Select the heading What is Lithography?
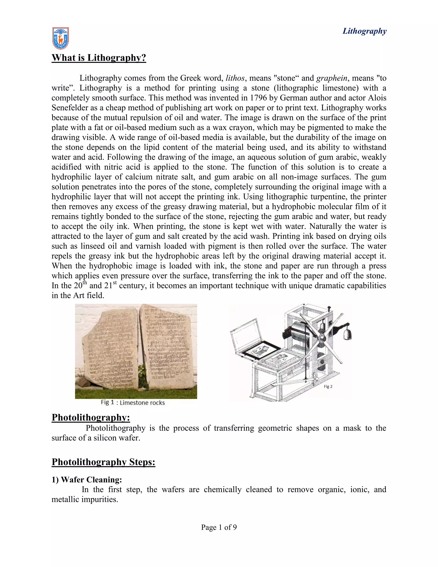pyautogui.click(x=99, y=58)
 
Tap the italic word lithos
pyautogui.click(x=235, y=78)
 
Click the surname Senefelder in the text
pyautogui.click(x=71, y=108)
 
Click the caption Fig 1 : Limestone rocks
pyautogui.click(x=133, y=403)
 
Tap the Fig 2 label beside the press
pyautogui.click(x=328, y=387)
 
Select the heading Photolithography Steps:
pyautogui.click(x=103, y=462)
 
